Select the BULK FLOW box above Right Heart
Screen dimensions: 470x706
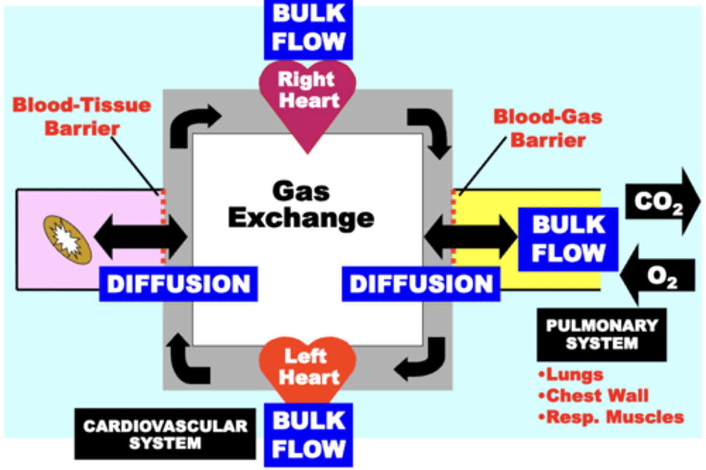308,28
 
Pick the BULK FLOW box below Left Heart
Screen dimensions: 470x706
308,435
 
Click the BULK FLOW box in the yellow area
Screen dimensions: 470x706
568,239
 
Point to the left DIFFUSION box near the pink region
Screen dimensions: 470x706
178,284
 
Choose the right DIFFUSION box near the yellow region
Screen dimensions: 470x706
421,284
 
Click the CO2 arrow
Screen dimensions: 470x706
662,201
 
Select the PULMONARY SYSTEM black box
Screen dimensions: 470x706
602,334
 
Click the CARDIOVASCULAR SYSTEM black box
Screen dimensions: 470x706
165,434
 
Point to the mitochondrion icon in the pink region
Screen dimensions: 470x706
67,240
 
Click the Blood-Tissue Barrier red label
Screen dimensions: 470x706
82,117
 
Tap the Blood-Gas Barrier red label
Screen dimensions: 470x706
548,128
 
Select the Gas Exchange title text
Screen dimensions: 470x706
301,205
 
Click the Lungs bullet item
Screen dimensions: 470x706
571,374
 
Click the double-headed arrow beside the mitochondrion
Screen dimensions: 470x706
140,237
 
